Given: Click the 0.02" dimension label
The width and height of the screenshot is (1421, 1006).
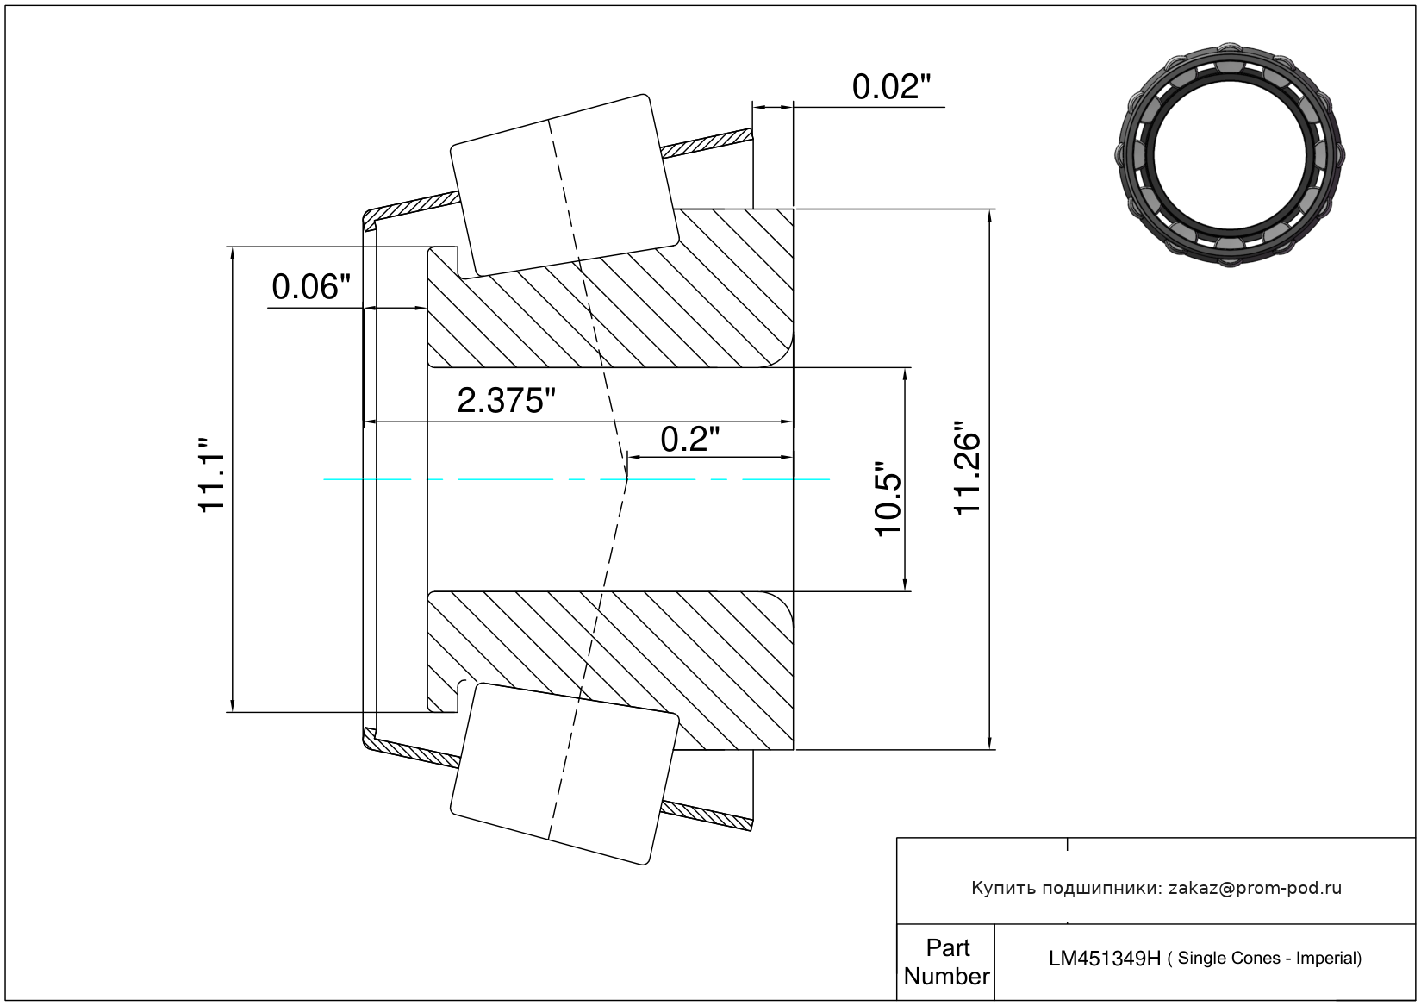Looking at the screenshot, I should pos(891,87).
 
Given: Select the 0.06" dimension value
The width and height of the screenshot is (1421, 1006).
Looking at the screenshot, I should pos(311,287).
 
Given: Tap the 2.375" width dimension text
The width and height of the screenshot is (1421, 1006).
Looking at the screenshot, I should pos(506,401).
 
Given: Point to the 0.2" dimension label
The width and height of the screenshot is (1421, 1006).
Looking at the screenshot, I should pos(689,440).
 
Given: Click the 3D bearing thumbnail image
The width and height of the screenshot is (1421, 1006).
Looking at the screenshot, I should pos(1230,154).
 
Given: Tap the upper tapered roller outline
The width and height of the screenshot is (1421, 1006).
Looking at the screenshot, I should pos(564,185).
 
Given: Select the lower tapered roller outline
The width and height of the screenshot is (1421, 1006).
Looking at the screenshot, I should pos(564,773).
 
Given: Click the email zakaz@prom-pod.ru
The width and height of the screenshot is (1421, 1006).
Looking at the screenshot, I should pos(1255,888).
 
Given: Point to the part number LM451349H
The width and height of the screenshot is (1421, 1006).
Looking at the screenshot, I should pos(1104,959).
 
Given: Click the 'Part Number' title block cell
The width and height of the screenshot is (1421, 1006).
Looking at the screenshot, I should pos(946,962).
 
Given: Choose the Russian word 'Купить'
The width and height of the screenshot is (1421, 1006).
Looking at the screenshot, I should pos(1004,888).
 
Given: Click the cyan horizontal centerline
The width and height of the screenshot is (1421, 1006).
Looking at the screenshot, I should pos(517,479).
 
